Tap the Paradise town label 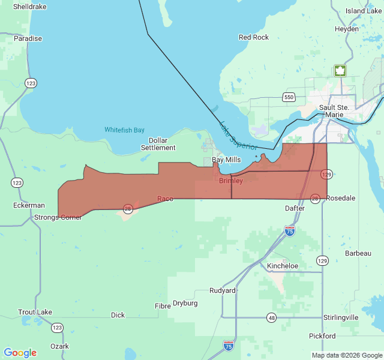click(x=28, y=38)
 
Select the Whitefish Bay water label click(x=124, y=130)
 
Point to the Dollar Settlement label click(x=158, y=144)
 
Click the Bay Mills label click(x=226, y=160)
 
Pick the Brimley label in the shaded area click(x=231, y=181)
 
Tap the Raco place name click(x=165, y=199)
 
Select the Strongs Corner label click(x=58, y=217)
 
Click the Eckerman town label click(x=29, y=205)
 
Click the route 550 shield click(x=289, y=97)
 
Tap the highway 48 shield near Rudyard click(x=272, y=317)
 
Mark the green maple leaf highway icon click(x=340, y=71)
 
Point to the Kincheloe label click(x=283, y=265)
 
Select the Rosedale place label click(x=341, y=198)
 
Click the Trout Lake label click(x=35, y=312)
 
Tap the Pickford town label click(x=322, y=336)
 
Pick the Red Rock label click(x=254, y=37)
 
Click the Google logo click(x=20, y=353)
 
